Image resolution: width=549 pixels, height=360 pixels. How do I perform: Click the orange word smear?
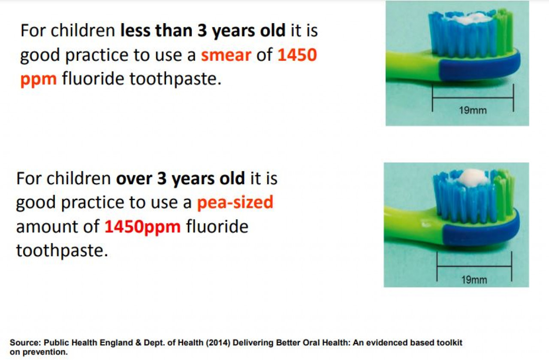[226, 55]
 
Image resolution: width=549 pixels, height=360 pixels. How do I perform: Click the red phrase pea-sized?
[235, 202]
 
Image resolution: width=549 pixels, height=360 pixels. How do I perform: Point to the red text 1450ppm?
[143, 227]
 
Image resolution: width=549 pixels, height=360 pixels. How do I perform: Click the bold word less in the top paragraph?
[135, 30]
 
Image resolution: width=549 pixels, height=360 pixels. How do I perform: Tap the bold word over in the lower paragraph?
[134, 179]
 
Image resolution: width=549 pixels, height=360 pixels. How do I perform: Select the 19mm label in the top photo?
[473, 111]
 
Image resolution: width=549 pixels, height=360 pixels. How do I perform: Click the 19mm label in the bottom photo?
[474, 280]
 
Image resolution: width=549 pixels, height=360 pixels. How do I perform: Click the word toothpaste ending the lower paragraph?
[62, 251]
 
